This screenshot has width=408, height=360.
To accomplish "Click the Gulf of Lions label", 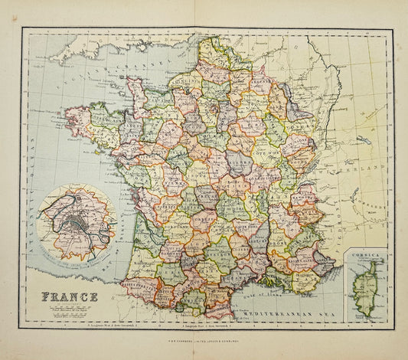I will [x=253, y=291].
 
